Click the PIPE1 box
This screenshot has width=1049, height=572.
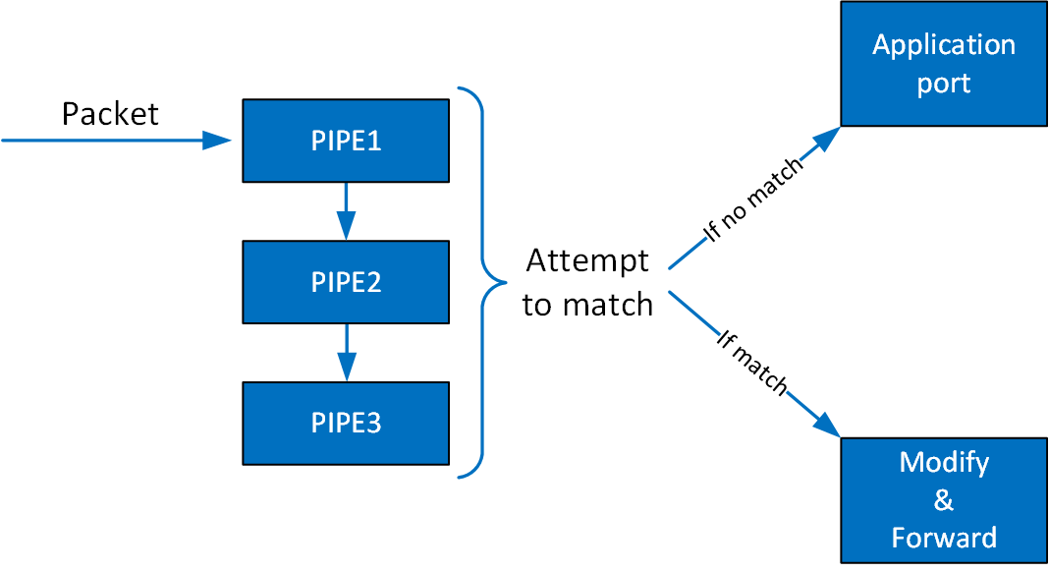tap(346, 141)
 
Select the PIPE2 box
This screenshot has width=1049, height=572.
tap(346, 282)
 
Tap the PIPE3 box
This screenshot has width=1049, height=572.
tap(346, 423)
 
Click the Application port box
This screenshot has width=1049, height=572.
tap(943, 64)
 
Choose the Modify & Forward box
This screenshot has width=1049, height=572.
tap(943, 500)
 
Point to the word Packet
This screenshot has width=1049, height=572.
tap(110, 114)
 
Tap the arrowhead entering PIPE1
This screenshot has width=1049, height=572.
tap(217, 141)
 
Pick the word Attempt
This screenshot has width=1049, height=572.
tap(587, 260)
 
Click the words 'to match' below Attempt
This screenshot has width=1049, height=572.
tap(587, 305)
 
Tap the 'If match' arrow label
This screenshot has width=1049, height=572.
tap(752, 363)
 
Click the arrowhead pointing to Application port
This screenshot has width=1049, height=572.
tap(827, 139)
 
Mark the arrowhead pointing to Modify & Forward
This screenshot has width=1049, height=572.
tap(827, 425)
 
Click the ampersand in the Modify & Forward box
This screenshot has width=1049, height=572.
tap(943, 500)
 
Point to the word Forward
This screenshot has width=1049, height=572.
tap(943, 538)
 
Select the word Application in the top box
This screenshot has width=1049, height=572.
tap(943, 45)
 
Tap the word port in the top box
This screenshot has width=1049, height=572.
tap(943, 84)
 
